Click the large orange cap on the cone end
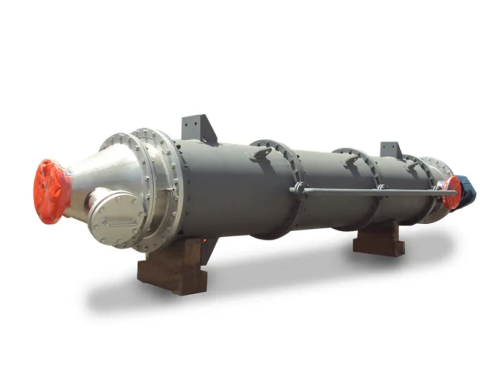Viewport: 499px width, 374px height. tap(51, 191)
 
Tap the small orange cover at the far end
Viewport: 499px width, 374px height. tap(453, 192)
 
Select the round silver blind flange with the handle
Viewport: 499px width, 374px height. tap(117, 218)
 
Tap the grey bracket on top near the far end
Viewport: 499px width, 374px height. tap(391, 150)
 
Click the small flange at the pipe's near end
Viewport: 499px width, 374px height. tap(299, 190)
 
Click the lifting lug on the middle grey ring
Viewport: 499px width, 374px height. tap(352, 159)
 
